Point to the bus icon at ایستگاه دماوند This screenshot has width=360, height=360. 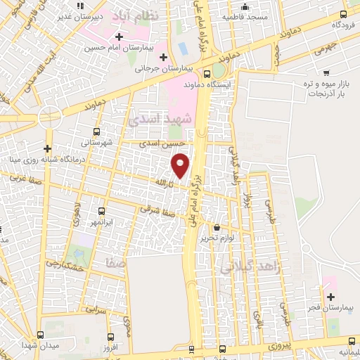(206, 73)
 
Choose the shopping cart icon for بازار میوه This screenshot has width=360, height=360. (326, 72)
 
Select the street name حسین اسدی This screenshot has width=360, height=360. (156, 143)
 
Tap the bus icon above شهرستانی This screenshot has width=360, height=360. (96, 130)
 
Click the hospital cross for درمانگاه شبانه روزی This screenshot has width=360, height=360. (47, 148)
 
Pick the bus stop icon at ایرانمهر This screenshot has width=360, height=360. (101, 211)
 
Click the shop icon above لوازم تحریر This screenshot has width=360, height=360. (217, 227)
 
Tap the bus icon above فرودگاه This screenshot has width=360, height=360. (344, 13)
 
